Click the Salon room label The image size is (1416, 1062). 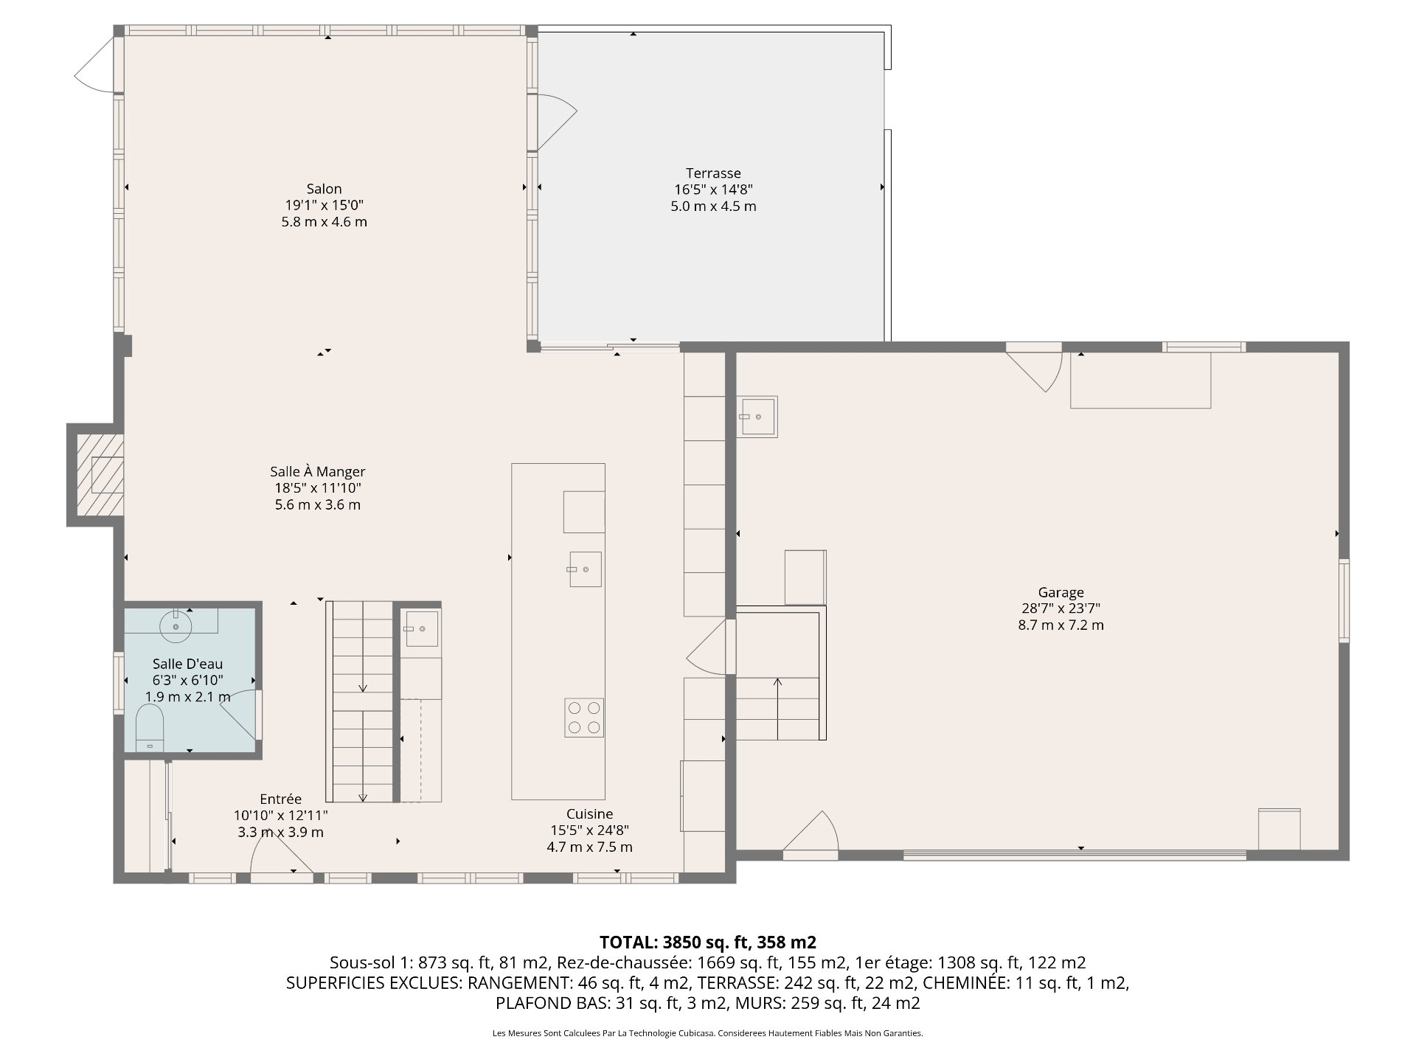[324, 189]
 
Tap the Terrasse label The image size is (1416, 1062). [713, 173]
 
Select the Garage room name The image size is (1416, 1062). [1061, 592]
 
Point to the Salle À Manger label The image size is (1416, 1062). [317, 471]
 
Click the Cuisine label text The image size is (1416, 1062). [589, 813]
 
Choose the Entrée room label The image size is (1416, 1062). [280, 799]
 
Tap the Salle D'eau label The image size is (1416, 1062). [187, 664]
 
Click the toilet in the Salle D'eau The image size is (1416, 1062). [150, 728]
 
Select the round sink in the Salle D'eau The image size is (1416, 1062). [176, 625]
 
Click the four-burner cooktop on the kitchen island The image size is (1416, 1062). [584, 718]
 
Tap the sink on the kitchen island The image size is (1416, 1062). [585, 569]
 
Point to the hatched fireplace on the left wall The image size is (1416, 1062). [100, 474]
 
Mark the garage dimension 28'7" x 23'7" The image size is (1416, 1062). [1061, 608]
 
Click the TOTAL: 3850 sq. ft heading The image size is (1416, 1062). [708, 942]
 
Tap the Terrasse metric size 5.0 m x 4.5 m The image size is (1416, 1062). [713, 206]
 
